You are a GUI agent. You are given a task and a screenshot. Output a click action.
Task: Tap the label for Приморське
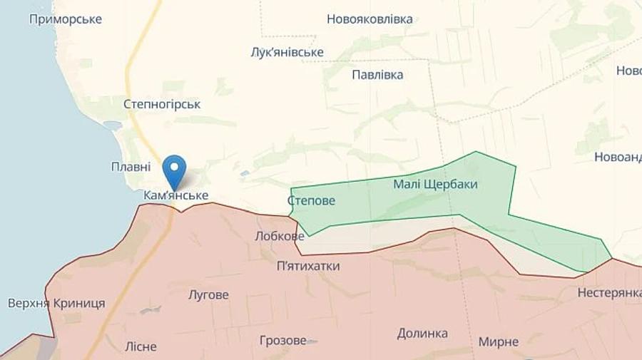[66, 19]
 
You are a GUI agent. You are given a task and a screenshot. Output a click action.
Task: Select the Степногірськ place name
[162, 104]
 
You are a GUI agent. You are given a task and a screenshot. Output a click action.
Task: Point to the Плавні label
[131, 167]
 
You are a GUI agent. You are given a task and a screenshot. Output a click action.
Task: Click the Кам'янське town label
[175, 195]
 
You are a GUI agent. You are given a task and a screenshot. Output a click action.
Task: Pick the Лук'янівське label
[287, 52]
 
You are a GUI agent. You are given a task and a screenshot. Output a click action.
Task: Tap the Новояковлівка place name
[370, 19]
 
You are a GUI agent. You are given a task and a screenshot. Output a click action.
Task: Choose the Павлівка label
[377, 75]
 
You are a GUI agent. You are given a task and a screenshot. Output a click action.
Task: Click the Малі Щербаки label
[435, 184]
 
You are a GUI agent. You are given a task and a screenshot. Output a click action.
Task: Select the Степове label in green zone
[311, 201]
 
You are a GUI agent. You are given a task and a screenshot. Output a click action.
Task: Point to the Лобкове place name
[280, 236]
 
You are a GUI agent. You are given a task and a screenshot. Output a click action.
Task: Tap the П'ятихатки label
[308, 266]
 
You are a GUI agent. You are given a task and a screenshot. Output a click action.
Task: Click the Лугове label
[208, 294]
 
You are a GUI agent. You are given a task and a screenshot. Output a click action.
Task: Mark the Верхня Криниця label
[56, 303]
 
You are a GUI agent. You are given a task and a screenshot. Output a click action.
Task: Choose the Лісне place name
[141, 346]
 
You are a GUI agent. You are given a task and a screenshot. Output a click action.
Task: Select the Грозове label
[282, 340]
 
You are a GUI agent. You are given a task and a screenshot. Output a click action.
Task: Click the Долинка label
[422, 333]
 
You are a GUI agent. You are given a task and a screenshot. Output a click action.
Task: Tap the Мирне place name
[499, 341]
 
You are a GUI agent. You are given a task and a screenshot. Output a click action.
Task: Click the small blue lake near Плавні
[113, 125]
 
